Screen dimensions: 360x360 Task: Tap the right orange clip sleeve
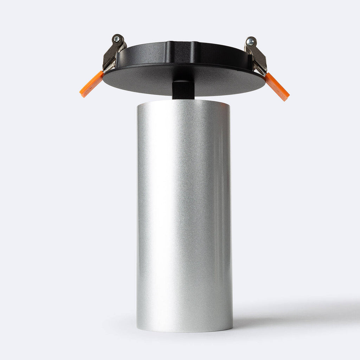point(277,87)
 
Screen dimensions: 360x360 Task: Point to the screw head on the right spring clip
point(250,42)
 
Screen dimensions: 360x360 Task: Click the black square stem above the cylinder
point(183,90)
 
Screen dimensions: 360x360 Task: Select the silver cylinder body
point(184,211)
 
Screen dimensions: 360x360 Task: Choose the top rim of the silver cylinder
point(183,101)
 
